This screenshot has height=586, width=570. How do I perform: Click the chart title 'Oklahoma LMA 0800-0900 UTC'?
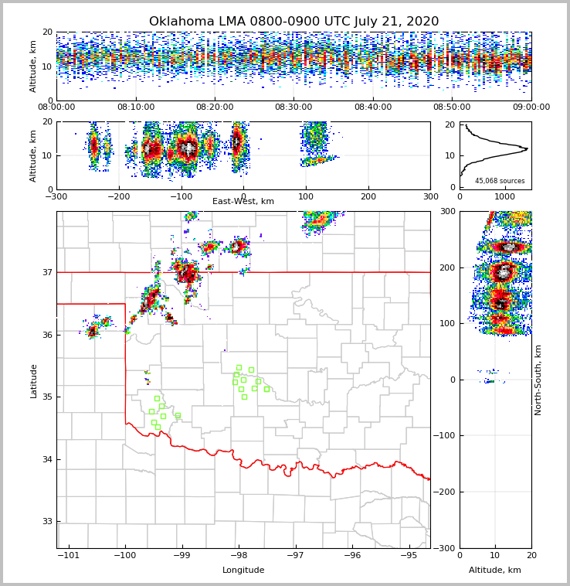coord(293,22)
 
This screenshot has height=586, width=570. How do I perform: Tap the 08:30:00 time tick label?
coord(293,107)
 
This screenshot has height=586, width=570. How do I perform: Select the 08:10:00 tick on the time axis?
coord(135,107)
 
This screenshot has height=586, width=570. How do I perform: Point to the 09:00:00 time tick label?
coord(531,107)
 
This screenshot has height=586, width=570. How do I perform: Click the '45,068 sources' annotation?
coord(500,181)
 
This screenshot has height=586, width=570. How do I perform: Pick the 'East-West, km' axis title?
coord(243,202)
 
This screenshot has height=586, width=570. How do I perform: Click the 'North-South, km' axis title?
coord(538,380)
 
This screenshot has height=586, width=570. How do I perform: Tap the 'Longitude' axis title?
coord(243,571)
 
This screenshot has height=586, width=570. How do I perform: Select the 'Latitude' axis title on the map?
coord(33,380)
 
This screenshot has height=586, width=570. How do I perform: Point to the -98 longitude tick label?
coord(239,555)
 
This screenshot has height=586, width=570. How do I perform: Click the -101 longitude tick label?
coord(69,555)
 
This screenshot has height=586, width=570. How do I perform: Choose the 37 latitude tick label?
coord(47,272)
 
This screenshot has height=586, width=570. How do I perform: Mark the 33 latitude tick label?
coord(47,521)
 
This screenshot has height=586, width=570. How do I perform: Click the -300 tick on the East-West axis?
coord(56,196)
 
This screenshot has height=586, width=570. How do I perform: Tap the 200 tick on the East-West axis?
coord(368,196)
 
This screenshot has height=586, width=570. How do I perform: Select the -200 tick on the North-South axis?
coord(444,492)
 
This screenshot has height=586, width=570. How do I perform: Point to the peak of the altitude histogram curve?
coord(527,148)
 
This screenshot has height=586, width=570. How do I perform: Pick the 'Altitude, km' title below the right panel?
coord(495,571)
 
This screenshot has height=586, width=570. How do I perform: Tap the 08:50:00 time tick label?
coord(452,107)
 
